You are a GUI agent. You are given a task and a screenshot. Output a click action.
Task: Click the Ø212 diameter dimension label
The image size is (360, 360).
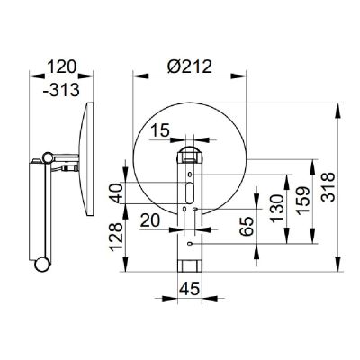(190, 67)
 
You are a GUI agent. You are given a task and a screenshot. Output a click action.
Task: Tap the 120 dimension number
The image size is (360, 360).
(62, 67)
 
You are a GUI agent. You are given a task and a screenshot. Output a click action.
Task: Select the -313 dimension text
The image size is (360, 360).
(61, 89)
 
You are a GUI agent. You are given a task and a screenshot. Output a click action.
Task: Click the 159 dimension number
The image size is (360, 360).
(302, 201)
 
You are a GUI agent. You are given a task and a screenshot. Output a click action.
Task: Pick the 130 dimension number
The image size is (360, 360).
(276, 208)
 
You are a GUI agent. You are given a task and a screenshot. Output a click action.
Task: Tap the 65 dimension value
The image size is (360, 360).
(247, 226)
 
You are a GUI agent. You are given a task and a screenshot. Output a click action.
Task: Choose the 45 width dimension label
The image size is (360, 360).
(189, 289)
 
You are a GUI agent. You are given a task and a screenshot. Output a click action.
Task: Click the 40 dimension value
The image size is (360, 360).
(116, 193)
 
